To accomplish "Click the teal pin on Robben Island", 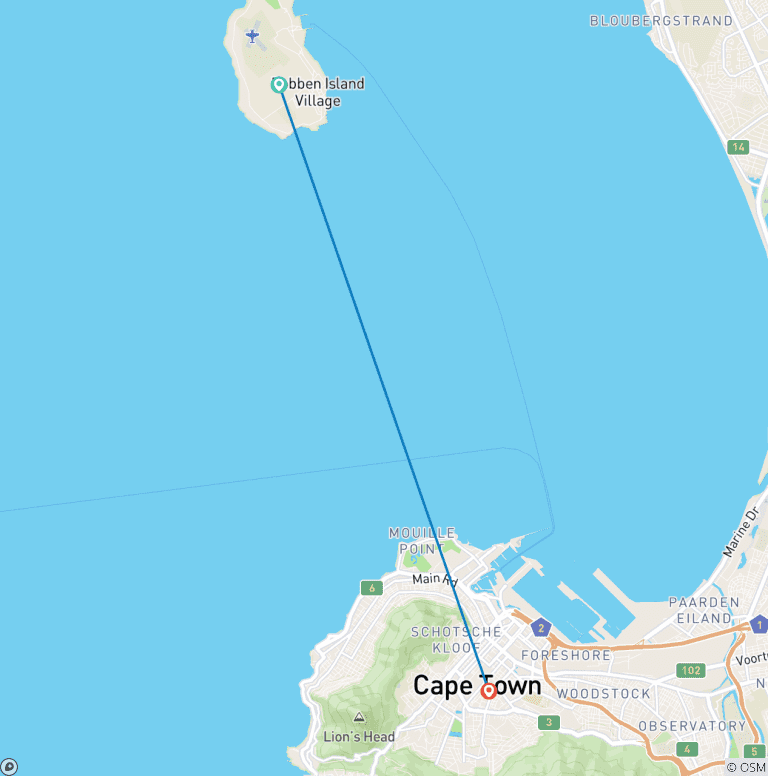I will pos(279,85).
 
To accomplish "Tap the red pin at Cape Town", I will pos(489,690).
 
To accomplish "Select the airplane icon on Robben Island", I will pos(252,37).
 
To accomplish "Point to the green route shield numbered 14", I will pos(738,147).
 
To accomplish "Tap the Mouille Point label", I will pos(422,541).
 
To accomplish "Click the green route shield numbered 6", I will pos(372,588).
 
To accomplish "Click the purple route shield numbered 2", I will pos(541,628).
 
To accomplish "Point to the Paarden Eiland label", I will pos(704,610).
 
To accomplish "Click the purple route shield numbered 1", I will pos(758,625).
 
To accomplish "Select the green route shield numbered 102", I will pos(689,670).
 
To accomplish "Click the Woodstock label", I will pos(603,693).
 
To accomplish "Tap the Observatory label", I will pos(692,726).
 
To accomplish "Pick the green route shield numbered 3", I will pos(547,722).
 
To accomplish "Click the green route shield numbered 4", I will pos(686,748).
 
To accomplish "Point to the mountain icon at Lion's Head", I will pos(359,717).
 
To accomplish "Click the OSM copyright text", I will pos(746,767).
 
